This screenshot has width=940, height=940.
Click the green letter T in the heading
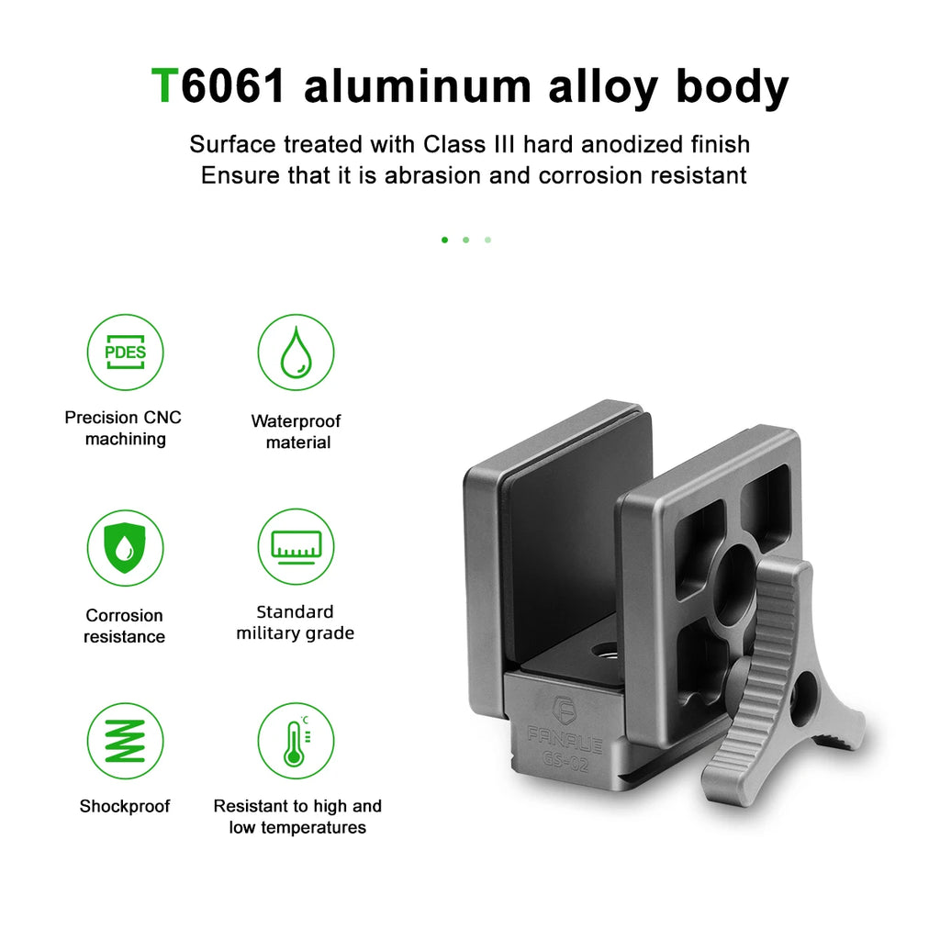click(164, 85)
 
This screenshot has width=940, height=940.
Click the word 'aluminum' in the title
click(418, 85)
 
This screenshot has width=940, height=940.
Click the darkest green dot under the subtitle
click(444, 240)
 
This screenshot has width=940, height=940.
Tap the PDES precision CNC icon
click(125, 352)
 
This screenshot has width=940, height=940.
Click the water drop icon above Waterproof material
click(297, 352)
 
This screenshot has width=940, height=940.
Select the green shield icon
click(125, 547)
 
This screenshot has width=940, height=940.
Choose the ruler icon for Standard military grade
click(297, 547)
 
